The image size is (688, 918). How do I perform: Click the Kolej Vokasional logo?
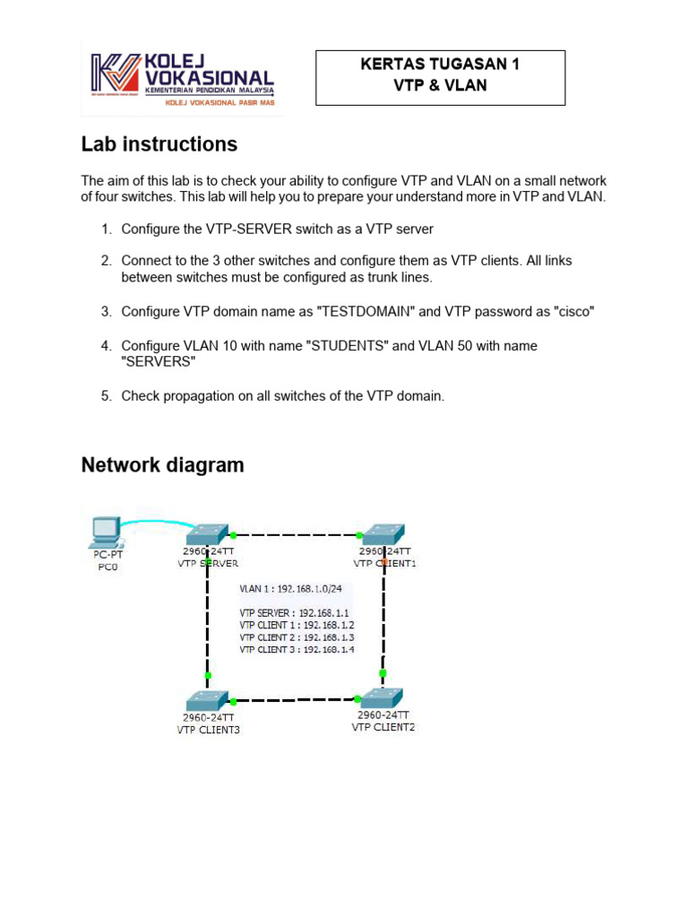click(182, 80)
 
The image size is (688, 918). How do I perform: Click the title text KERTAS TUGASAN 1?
click(439, 65)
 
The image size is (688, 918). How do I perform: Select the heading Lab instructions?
click(159, 144)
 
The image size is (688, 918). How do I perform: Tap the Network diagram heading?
click(162, 465)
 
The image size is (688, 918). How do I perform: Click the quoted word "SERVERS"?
click(158, 361)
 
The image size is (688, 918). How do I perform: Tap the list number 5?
click(106, 395)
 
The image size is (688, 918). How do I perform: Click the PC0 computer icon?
click(107, 530)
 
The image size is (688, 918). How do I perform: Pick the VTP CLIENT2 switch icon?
click(383, 697)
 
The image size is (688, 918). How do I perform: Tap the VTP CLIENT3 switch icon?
click(209, 699)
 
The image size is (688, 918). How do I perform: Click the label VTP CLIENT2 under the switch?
click(383, 727)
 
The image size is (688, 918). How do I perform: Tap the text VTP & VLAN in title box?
click(439, 86)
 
